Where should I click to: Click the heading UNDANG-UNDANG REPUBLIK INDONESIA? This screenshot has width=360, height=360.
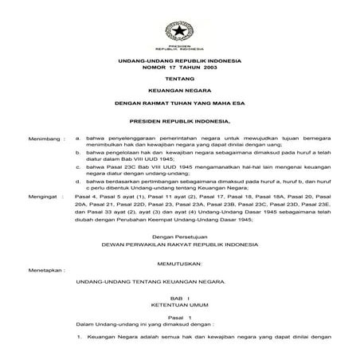click(179, 61)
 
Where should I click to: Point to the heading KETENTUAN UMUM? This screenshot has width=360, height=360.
click(179, 304)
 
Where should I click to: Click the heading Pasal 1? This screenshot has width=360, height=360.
click(179, 318)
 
